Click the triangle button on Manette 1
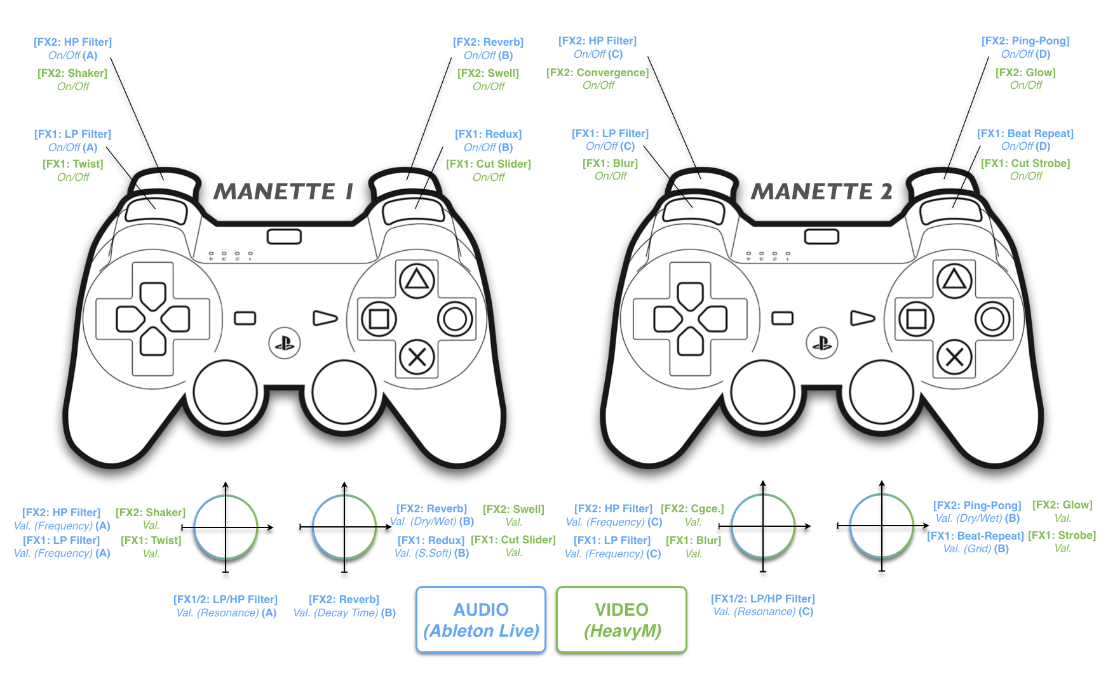tap(417, 280)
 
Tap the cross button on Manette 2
tap(954, 357)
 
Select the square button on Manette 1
tap(379, 319)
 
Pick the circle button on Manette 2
tap(992, 319)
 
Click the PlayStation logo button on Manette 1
tap(285, 343)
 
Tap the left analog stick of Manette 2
tap(763, 392)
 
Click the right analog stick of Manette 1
tap(344, 392)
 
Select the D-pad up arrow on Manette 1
tap(153, 296)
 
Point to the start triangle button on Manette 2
tap(863, 317)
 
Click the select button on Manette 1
tap(245, 318)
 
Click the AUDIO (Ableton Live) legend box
tap(481, 620)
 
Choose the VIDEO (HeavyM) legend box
tap(622, 620)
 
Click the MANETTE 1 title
tap(283, 191)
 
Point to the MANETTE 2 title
tap(821, 191)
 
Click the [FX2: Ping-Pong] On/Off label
tap(1025, 48)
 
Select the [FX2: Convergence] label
tap(598, 79)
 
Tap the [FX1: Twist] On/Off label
tap(73, 170)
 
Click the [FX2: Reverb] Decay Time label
tap(344, 606)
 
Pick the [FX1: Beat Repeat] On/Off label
tap(1025, 140)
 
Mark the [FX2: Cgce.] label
tap(692, 515)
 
